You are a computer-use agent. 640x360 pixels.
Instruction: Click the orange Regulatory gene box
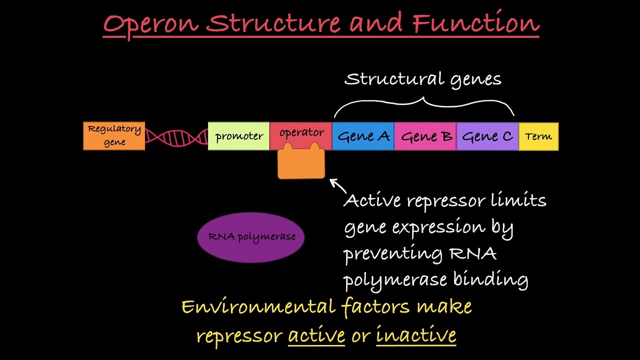(x=114, y=135)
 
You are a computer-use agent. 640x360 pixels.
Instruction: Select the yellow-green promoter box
(x=238, y=136)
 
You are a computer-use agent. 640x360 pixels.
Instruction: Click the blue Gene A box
(x=363, y=136)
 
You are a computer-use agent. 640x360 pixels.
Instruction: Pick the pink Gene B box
(x=425, y=136)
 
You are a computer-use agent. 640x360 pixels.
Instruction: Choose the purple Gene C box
(x=487, y=136)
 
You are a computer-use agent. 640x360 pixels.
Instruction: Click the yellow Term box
(x=538, y=136)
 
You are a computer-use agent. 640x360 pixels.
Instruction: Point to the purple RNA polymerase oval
(x=251, y=237)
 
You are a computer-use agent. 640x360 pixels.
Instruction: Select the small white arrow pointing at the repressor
(x=337, y=185)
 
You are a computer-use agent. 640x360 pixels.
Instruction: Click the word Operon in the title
(x=150, y=24)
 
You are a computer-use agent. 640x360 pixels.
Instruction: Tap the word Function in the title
(x=476, y=23)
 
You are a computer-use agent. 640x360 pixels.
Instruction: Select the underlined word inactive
(x=416, y=334)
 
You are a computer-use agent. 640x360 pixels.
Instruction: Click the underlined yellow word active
(x=316, y=334)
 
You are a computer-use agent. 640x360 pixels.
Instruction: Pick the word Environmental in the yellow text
(x=258, y=306)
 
